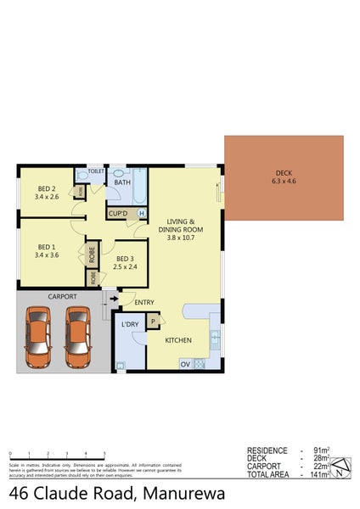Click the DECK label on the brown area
pos(284,171)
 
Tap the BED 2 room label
pos(47,188)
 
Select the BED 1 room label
pos(47,244)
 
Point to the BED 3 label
pos(125,259)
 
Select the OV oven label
pos(184,364)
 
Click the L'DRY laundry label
pos(130,325)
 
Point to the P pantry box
pos(153,321)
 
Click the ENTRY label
pos(144,301)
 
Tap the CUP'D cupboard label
pos(118,213)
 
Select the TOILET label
pos(96,171)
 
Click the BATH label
pos(122,182)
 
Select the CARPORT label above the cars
pos(62,297)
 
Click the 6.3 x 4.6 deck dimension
pos(284,181)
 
